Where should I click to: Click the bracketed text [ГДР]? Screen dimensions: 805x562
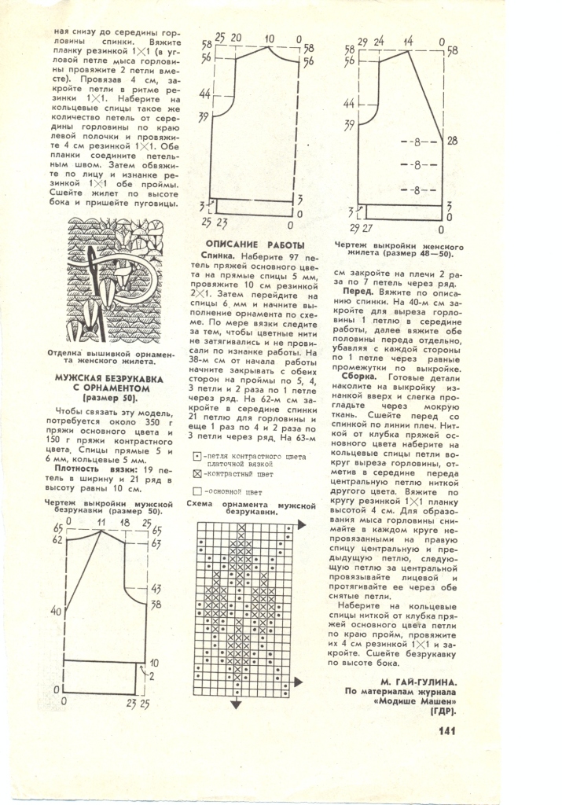pyautogui.click(x=443, y=712)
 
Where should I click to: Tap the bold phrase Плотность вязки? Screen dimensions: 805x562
pyautogui.click(x=86, y=469)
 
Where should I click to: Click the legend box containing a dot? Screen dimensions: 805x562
pyautogui.click(x=197, y=456)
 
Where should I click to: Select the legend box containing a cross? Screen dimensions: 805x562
pyautogui.click(x=197, y=474)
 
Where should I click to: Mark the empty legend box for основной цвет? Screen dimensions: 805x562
pyautogui.click(x=197, y=491)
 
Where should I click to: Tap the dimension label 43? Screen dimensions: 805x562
pyautogui.click(x=156, y=588)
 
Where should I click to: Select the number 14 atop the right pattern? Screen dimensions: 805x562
pyautogui.click(x=408, y=40)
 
